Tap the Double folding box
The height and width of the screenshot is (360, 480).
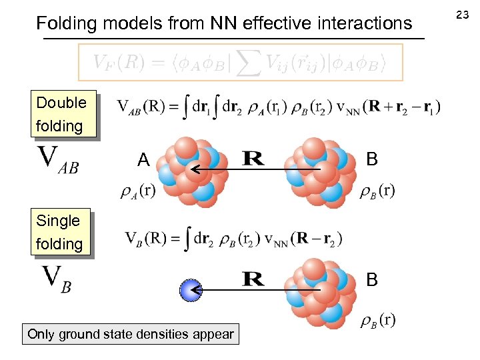coord(61,114)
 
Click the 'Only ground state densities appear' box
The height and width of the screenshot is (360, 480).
coord(131,334)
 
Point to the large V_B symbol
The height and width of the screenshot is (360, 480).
coord(57,279)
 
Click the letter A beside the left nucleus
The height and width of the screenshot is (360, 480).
coord(143,160)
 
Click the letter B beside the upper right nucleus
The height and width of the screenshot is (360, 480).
coord(372,159)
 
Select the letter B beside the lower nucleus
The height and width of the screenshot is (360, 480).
coord(372,280)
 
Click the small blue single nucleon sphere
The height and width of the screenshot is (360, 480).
coord(191,290)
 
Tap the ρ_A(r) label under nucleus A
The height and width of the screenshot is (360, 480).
coord(137,191)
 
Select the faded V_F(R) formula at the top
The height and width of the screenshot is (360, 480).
coord(240,63)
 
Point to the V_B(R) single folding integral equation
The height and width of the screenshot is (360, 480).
coord(234,239)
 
